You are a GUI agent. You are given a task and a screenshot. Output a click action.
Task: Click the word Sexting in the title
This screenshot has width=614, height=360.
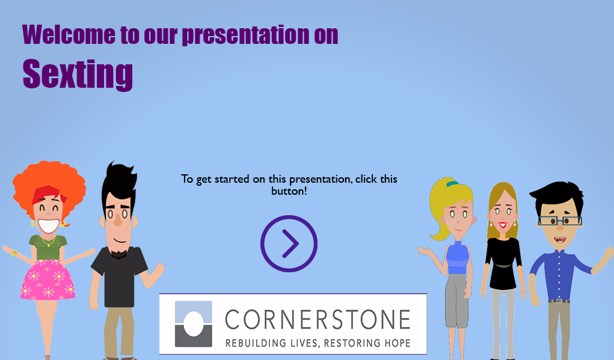(78, 74)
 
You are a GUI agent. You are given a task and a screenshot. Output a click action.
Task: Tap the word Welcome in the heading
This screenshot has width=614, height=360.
(69, 34)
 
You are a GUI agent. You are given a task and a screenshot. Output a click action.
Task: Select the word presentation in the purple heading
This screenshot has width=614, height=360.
(245, 35)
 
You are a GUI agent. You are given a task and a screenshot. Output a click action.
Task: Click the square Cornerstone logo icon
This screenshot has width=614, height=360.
(194, 323)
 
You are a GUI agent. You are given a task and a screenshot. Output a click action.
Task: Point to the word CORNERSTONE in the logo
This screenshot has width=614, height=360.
(318, 320)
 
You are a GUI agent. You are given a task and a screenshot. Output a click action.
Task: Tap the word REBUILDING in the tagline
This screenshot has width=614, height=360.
(256, 343)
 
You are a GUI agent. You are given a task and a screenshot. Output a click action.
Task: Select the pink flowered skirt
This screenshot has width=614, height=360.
(48, 279)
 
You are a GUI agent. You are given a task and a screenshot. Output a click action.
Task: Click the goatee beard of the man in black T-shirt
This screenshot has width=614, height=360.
(119, 254)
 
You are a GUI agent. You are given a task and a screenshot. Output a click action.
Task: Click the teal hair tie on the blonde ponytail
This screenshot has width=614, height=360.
(452, 183)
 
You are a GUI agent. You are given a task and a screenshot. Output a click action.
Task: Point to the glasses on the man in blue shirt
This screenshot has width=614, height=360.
(560, 221)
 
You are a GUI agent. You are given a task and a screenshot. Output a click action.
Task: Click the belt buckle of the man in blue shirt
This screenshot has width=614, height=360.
(559, 301)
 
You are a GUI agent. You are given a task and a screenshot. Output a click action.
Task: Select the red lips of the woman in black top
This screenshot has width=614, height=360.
(503, 225)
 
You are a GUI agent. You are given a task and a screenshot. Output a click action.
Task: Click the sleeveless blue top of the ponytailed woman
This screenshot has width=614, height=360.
(458, 257)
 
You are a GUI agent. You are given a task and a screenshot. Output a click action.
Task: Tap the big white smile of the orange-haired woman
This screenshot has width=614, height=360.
(49, 226)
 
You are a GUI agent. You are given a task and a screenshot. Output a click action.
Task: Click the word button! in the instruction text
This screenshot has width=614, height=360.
(289, 191)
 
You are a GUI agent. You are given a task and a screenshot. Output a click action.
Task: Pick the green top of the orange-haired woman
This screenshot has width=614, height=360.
(48, 247)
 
